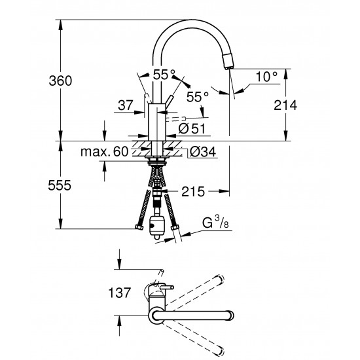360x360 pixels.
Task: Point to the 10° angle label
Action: point(266,77)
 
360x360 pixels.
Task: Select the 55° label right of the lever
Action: point(197,97)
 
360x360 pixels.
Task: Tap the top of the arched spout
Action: point(190,21)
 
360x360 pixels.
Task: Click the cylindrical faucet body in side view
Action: point(157,122)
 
